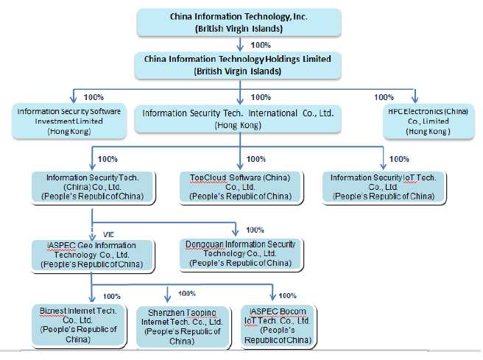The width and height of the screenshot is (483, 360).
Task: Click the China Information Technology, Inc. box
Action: [239, 22]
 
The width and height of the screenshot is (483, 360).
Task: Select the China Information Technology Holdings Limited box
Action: [239, 65]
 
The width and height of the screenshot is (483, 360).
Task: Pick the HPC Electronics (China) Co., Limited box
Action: [416, 120]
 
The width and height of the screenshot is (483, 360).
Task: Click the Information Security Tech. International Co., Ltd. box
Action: [238, 119]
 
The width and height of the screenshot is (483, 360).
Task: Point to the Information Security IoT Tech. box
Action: [383, 187]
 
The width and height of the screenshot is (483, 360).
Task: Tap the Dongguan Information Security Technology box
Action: [238, 253]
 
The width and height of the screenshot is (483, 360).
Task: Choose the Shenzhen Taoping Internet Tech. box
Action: [181, 326]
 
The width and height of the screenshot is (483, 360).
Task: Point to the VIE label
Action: [108, 233]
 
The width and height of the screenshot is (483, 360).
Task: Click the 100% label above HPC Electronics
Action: [384, 97]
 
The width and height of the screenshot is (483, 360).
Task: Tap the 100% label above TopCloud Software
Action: [256, 159]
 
